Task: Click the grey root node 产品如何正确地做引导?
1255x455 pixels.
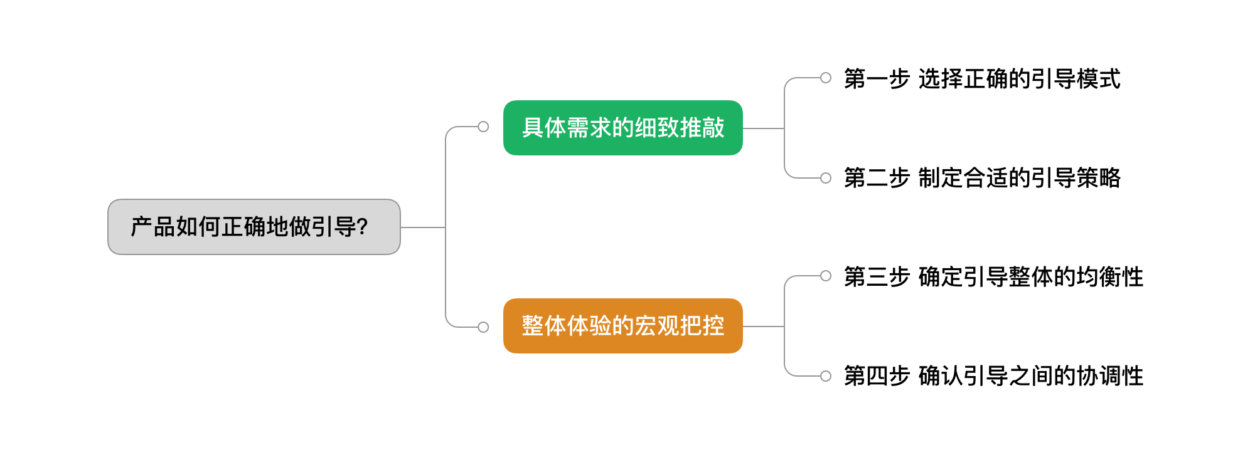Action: [254, 227]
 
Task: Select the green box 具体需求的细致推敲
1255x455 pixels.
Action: [622, 128]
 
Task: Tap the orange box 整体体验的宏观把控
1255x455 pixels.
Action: [622, 326]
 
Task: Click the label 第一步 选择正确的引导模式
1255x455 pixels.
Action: [981, 79]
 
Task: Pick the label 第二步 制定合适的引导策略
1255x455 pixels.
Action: [981, 178]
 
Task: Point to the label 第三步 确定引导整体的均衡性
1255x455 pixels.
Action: [993, 277]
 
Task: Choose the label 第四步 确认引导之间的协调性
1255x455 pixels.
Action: [993, 376]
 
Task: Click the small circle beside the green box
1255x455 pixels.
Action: [483, 127]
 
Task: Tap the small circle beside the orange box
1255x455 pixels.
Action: [483, 327]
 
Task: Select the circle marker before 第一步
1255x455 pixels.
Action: [826, 78]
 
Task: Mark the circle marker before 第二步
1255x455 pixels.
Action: [826, 178]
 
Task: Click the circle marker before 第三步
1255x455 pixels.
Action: [826, 276]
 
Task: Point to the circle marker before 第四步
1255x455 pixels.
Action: [826, 376]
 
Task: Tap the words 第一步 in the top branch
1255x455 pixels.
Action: [877, 79]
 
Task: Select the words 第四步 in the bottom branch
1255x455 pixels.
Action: [877, 376]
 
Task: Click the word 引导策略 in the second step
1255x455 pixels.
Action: [1076, 178]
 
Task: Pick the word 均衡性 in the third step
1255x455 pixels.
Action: [1110, 277]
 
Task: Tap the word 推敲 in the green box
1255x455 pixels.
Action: [702, 128]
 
